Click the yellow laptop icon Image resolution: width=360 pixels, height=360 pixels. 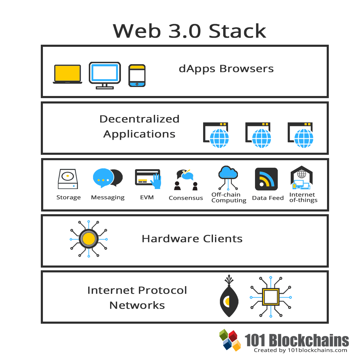click(67, 74)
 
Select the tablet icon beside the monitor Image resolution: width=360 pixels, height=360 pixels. click(137, 76)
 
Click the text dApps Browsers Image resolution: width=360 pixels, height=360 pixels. click(226, 69)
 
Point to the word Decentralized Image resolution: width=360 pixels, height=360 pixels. click(139, 119)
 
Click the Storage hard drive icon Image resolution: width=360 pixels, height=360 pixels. click(68, 179)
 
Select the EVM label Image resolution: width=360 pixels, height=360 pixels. click(147, 197)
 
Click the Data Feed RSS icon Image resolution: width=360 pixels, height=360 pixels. click(266, 179)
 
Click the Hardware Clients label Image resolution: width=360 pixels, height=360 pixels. click(192, 239)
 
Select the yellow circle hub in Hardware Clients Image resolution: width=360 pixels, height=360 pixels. click(88, 239)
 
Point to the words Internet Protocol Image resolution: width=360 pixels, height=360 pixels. click(137, 290)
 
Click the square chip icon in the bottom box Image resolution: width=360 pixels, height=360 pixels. click(271, 297)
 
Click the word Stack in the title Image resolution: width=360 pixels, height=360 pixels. click(237, 31)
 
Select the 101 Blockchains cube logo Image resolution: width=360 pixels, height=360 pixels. click(230, 340)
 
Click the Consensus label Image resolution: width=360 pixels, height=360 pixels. click(186, 198)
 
